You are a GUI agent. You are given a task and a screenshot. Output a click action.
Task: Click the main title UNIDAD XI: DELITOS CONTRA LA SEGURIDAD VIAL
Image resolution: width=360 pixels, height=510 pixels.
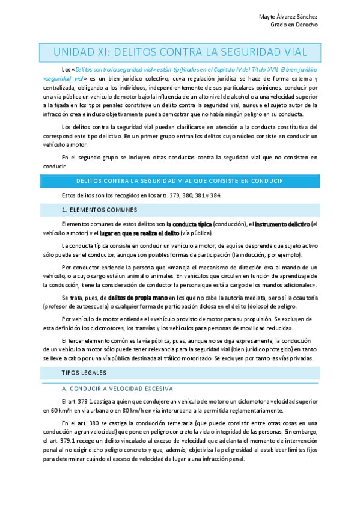180,51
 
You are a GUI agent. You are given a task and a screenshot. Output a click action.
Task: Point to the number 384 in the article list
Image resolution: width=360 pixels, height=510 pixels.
216,195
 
